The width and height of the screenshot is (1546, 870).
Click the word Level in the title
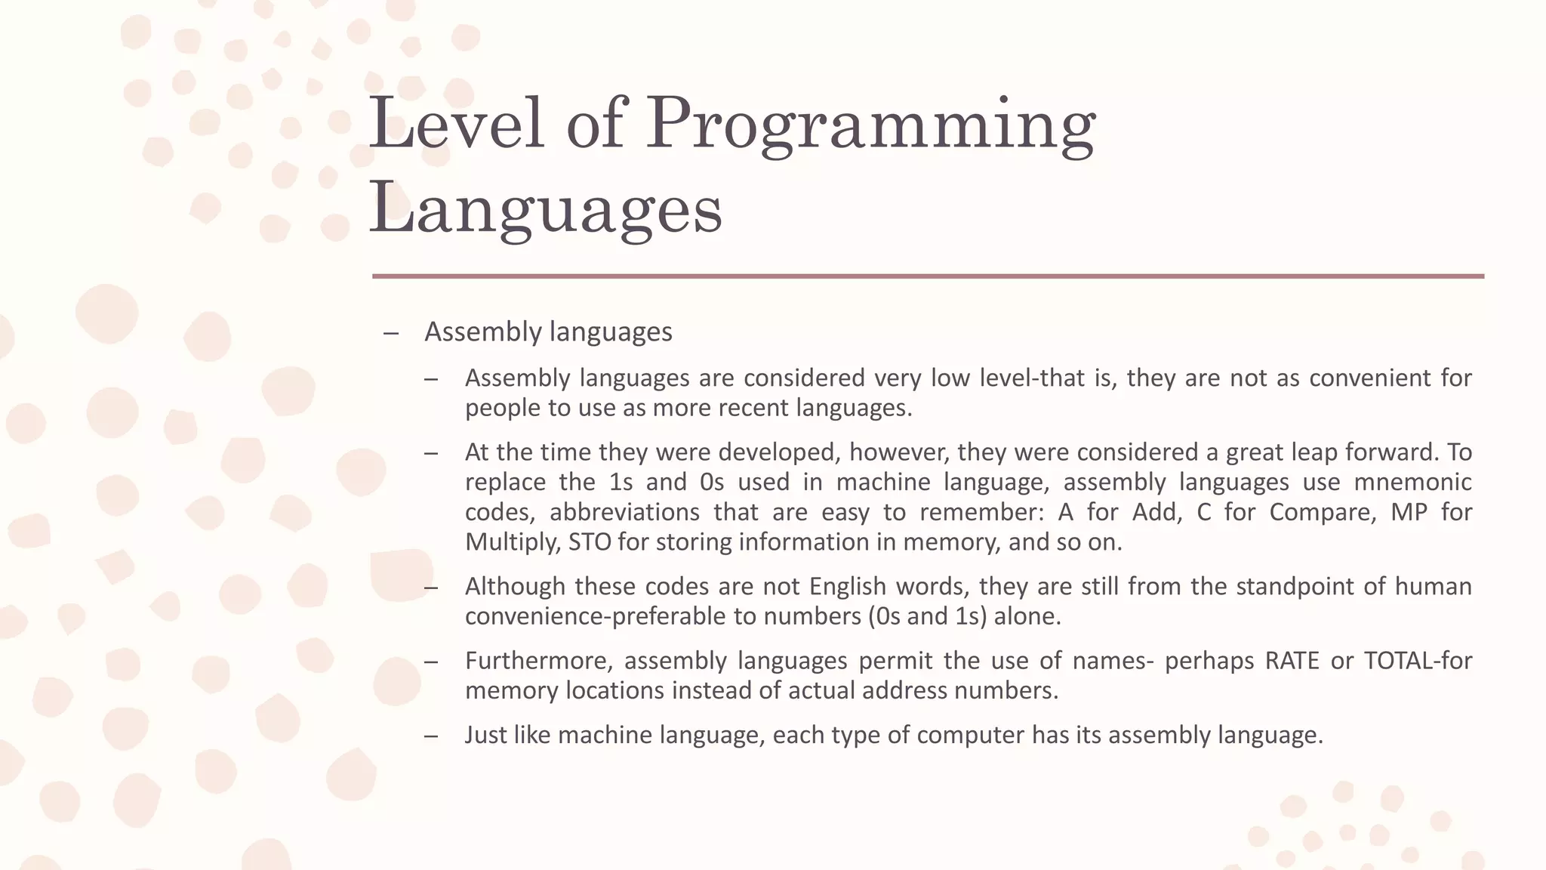[456, 123]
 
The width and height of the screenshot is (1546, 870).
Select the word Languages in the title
[545, 210]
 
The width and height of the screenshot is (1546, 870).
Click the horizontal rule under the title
[928, 276]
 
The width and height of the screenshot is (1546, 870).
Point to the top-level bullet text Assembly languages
[548, 332]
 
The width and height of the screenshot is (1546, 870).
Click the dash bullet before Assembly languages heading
[390, 332]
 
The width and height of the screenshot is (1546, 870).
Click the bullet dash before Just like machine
[431, 736]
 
